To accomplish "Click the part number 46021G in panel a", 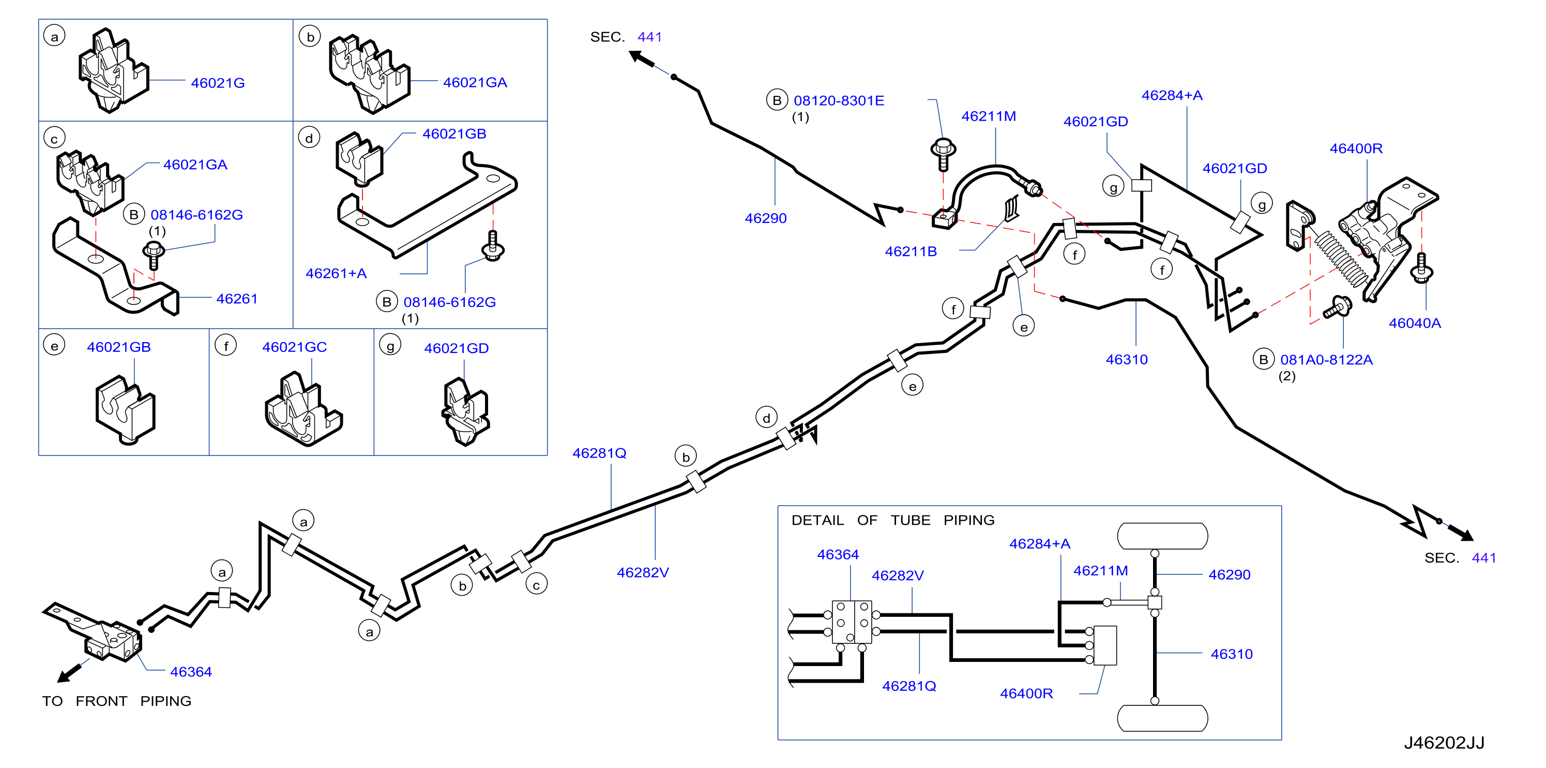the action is point(218,83).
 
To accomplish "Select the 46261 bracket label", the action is point(236,299).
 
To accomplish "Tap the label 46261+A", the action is point(336,273).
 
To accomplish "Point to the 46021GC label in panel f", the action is point(294,347).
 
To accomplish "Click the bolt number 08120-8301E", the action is point(839,100).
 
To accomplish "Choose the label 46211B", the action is point(911,252).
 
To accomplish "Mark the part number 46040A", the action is point(1415,323).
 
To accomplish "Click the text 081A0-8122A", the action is point(1326,360).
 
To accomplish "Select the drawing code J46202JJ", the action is point(1444,743).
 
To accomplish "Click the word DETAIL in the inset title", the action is point(817,520).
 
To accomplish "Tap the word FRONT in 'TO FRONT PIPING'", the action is point(101,701).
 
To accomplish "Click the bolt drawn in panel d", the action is point(493,246).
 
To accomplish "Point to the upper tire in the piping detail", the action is point(1162,536).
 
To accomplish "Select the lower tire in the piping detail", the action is point(1162,718).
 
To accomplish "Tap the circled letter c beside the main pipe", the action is point(536,584).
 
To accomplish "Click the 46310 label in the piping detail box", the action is point(1232,654).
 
